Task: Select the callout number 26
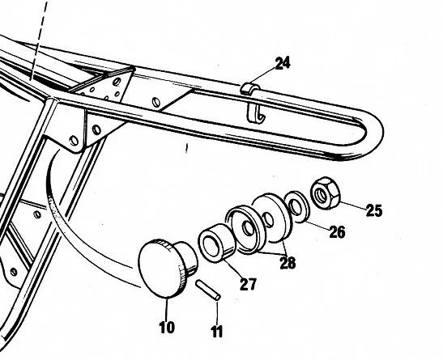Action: (x=336, y=232)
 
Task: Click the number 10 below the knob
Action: (x=167, y=329)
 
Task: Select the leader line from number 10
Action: (x=167, y=311)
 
